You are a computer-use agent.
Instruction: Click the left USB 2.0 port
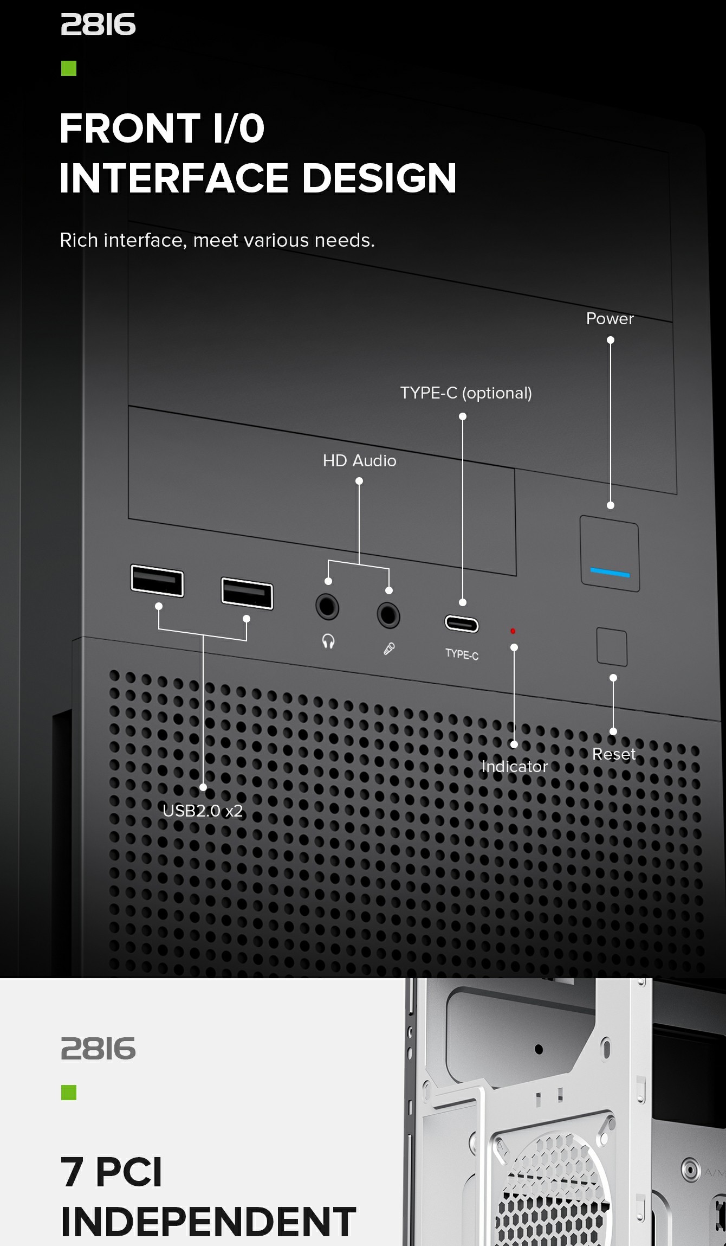point(157,581)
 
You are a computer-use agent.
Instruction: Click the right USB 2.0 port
point(247,594)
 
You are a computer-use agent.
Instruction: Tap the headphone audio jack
point(327,606)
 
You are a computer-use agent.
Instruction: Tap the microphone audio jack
point(388,615)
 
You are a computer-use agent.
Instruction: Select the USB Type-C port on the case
point(462,624)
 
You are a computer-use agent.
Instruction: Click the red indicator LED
point(513,631)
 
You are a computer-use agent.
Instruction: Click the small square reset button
point(612,647)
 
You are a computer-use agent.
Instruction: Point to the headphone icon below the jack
point(328,642)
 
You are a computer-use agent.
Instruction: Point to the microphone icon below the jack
point(389,648)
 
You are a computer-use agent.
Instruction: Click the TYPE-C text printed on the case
point(462,654)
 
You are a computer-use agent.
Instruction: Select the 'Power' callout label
point(610,319)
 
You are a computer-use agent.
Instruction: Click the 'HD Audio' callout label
point(359,461)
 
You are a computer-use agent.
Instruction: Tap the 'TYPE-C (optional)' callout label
point(466,393)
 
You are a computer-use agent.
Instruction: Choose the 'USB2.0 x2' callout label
point(203,811)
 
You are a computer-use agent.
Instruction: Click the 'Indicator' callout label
point(514,767)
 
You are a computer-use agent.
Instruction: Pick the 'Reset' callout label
point(613,754)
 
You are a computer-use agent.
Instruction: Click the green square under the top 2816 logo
point(69,68)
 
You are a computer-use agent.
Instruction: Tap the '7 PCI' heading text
point(111,1172)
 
